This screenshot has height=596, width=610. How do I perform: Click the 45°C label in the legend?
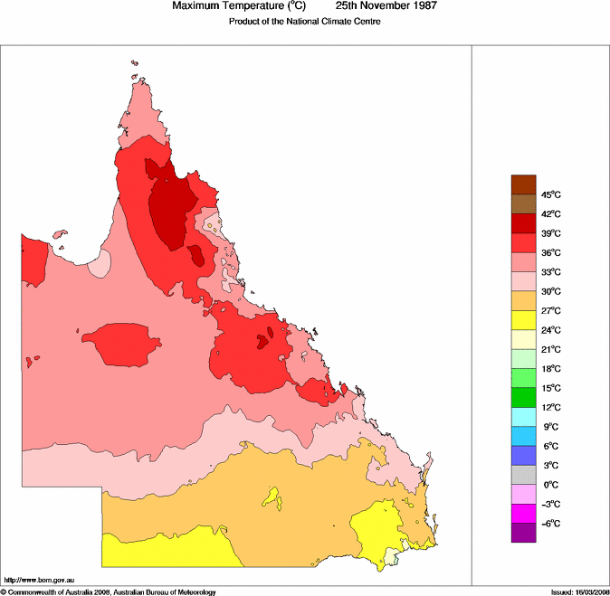pos(551,195)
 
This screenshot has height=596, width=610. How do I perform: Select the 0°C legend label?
pos(550,486)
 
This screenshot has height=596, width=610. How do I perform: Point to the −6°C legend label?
pos(551,525)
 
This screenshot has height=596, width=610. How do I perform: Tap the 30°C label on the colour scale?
pos(551,292)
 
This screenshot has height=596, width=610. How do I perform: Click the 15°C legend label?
pos(551,389)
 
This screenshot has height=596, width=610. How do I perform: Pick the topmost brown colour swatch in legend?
pos(524,184)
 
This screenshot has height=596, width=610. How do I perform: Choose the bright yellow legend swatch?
pos(524,320)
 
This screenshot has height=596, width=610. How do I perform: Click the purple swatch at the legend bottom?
pos(524,534)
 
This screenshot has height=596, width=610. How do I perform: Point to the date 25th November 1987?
pos(386,6)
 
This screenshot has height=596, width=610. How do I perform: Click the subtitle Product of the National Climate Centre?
pos(304,22)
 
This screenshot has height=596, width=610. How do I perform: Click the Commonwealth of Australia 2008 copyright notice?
pos(109,591)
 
